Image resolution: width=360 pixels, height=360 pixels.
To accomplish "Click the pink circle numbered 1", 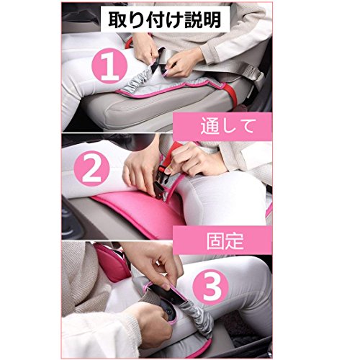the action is point(109,66).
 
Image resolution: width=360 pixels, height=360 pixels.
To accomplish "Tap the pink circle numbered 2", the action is point(92,168).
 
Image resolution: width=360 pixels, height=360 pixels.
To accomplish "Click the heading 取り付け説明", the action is point(165,19).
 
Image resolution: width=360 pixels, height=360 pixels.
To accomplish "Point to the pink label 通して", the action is point(227,127).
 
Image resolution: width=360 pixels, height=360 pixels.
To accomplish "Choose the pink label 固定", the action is point(225,240).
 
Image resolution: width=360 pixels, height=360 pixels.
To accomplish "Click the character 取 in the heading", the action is point(117,19).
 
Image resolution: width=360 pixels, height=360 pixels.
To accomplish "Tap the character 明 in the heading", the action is point(212,19).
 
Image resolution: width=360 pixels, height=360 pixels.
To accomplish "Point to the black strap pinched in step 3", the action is point(168,295).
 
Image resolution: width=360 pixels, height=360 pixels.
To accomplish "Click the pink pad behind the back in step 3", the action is point(113,261).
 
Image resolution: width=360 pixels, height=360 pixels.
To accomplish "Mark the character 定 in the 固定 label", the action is point(235,240).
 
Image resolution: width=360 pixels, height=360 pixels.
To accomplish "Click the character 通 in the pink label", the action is point(210,127).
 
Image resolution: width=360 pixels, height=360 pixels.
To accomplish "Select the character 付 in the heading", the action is point(155,19).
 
